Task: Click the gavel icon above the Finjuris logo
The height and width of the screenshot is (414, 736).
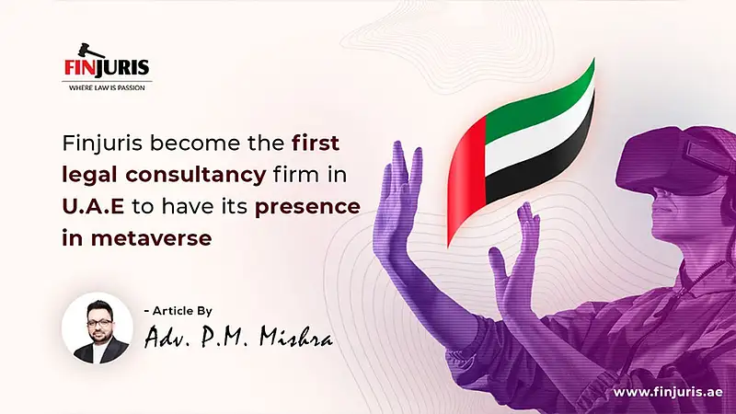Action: tap(86, 50)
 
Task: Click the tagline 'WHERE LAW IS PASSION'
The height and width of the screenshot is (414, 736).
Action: tap(107, 87)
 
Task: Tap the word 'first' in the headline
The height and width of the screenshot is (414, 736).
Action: tap(316, 143)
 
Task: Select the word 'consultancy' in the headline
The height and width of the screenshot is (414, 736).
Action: tap(196, 175)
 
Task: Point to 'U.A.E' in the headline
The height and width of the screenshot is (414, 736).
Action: tap(93, 206)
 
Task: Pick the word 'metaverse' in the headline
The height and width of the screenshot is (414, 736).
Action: tap(151, 238)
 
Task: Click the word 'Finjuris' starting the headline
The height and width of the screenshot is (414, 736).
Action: tap(102, 144)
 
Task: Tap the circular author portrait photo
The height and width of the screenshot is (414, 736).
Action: tap(98, 328)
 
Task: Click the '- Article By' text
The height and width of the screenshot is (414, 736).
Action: tap(178, 311)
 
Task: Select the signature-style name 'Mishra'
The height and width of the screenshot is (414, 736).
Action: tap(296, 336)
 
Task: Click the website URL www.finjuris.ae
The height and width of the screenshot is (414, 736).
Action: tap(668, 393)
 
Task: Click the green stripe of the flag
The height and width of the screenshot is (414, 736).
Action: tap(540, 101)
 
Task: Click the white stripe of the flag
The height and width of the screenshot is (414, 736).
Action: tap(540, 133)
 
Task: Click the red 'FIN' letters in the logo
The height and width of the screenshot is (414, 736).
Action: tap(80, 67)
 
